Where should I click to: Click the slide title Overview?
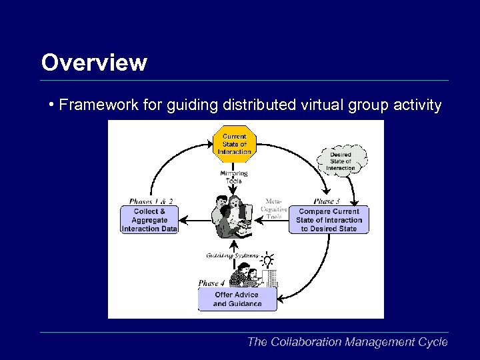(94, 63)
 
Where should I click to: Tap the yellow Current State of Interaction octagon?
(234, 143)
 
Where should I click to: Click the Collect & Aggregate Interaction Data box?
(149, 220)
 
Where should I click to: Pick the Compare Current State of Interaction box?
(329, 220)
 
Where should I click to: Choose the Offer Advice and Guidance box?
(237, 299)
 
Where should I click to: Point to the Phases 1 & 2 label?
(151, 201)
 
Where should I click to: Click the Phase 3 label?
(326, 201)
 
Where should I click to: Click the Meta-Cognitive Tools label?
(274, 208)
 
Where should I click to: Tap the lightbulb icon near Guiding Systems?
(267, 259)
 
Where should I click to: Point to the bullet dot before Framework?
(51, 105)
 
